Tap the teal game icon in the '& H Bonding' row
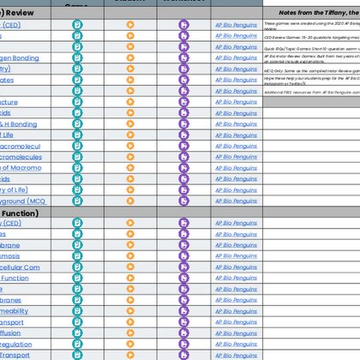tap(78, 123)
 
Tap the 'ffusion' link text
tap(13, 332)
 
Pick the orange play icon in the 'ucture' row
tap(131, 101)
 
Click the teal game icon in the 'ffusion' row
tap(78, 332)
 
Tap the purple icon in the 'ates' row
tap(183, 80)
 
